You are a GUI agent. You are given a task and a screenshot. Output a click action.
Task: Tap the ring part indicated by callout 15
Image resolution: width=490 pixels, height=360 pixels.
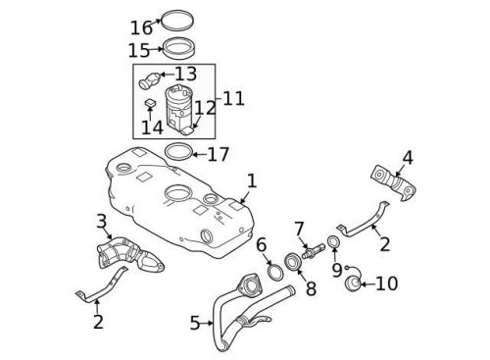[x=178, y=47]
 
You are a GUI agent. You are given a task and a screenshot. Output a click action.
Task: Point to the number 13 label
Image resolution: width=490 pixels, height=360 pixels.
[x=186, y=74]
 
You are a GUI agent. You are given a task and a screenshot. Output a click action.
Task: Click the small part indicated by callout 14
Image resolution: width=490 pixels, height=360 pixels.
[x=151, y=104]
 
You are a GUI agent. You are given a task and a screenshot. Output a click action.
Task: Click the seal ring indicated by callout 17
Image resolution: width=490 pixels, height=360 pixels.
[x=177, y=153]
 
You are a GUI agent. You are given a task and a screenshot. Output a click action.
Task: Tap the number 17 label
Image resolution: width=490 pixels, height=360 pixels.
[x=217, y=154]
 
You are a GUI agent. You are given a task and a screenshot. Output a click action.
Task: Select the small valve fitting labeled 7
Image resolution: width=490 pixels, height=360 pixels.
[x=309, y=252]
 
